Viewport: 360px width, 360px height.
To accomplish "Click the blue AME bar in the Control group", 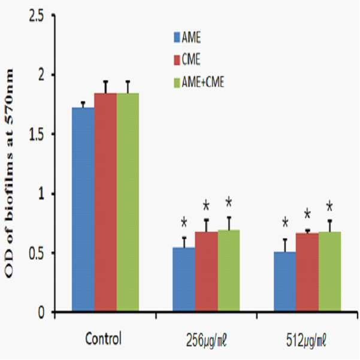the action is click(83, 209).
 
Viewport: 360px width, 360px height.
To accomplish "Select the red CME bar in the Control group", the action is click(105, 202).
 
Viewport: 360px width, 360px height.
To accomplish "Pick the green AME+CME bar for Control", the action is click(128, 202).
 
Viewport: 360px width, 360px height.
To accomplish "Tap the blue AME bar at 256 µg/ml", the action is click(184, 279).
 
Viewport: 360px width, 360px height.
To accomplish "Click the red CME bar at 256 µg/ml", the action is click(207, 271).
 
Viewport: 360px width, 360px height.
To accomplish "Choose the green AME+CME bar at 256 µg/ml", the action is click(229, 271).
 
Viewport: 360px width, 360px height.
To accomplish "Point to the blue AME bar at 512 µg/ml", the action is click(285, 282).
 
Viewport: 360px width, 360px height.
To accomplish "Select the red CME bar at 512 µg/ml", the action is click(307, 272).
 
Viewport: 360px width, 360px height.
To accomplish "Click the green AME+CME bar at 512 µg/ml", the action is click(329, 271).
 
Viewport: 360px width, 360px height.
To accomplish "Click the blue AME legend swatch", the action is click(177, 37).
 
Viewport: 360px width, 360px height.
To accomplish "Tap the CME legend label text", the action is click(191, 59).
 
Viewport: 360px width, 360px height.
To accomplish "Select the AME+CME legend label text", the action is click(202, 82).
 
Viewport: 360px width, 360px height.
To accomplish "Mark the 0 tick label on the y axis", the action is click(41, 312).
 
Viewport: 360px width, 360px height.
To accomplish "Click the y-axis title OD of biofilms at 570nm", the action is click(9, 173).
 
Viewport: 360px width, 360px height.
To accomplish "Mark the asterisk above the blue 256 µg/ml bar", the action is click(184, 222).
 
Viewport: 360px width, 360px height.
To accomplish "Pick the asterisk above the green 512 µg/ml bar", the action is click(329, 205).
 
